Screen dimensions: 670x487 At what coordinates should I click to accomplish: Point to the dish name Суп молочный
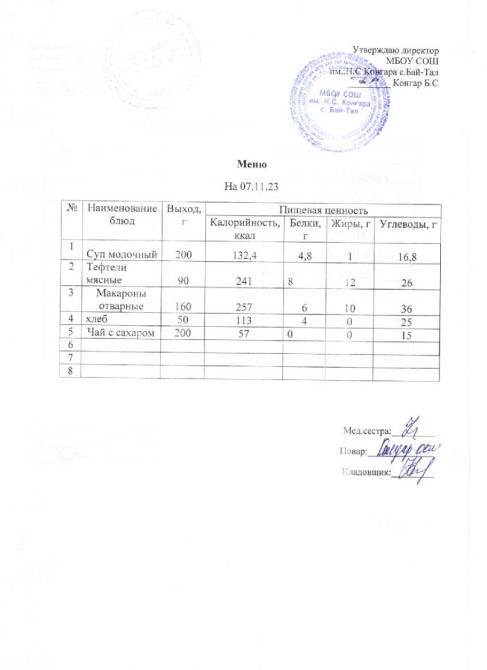tap(122, 255)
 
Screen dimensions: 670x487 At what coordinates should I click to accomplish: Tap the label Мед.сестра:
tap(367, 430)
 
